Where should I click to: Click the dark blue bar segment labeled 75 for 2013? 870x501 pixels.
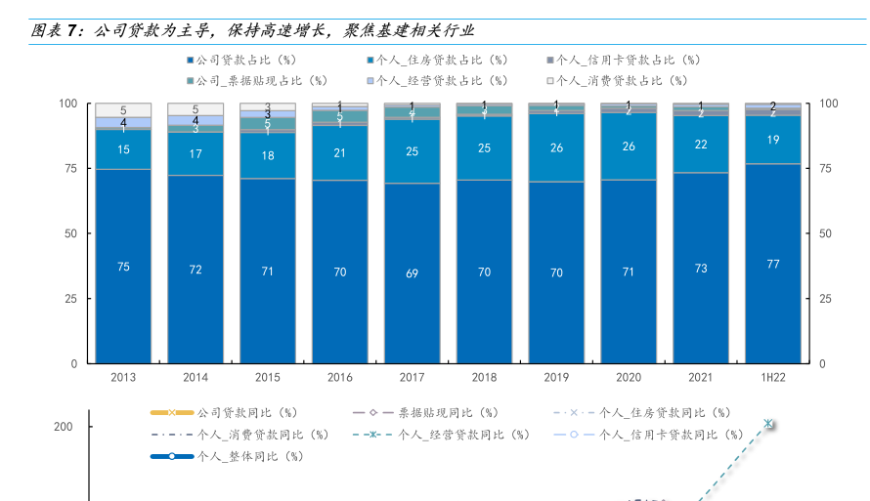pyautogui.click(x=123, y=266)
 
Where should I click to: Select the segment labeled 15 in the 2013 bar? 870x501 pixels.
pyautogui.click(x=123, y=149)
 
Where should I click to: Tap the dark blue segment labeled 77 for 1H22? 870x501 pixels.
pyautogui.click(x=772, y=264)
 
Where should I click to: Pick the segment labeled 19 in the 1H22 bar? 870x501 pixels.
pyautogui.click(x=772, y=140)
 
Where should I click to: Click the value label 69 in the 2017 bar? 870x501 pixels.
pyautogui.click(x=412, y=273)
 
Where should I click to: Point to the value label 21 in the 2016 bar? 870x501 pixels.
pyautogui.click(x=340, y=152)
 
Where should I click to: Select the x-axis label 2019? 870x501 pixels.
pyautogui.click(x=556, y=377)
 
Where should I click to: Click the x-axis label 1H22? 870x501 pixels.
pyautogui.click(x=772, y=377)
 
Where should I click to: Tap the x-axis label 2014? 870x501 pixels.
pyautogui.click(x=196, y=377)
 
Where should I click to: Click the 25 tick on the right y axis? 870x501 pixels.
pyautogui.click(x=827, y=298)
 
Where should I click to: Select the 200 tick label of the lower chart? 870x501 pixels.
pyautogui.click(x=64, y=427)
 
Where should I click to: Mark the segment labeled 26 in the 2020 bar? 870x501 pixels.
pyautogui.click(x=629, y=146)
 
